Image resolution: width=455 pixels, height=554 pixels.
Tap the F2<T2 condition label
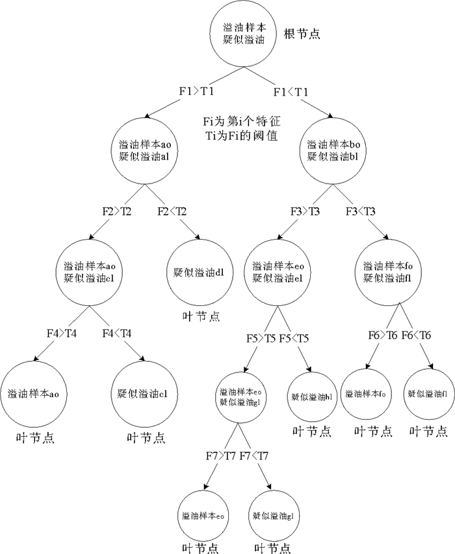[172, 212]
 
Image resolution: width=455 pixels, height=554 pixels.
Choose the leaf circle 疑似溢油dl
[200, 271]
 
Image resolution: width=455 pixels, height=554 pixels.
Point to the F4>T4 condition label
[62, 333]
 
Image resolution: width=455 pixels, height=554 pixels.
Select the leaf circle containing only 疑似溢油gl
[273, 516]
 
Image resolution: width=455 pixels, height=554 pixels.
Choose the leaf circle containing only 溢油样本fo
[367, 394]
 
